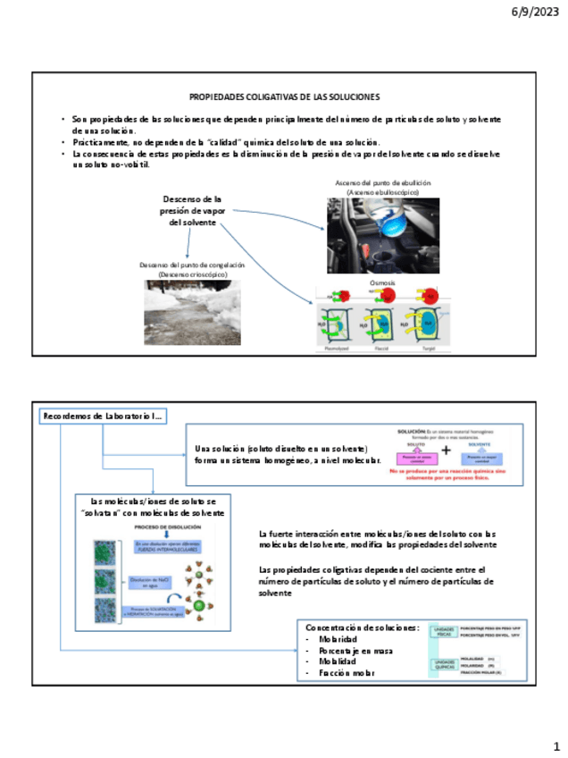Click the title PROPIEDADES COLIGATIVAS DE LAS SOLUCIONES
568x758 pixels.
point(285,96)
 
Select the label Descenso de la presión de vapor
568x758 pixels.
point(192,210)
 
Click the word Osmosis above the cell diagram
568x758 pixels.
point(382,282)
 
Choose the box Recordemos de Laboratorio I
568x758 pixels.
point(103,417)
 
